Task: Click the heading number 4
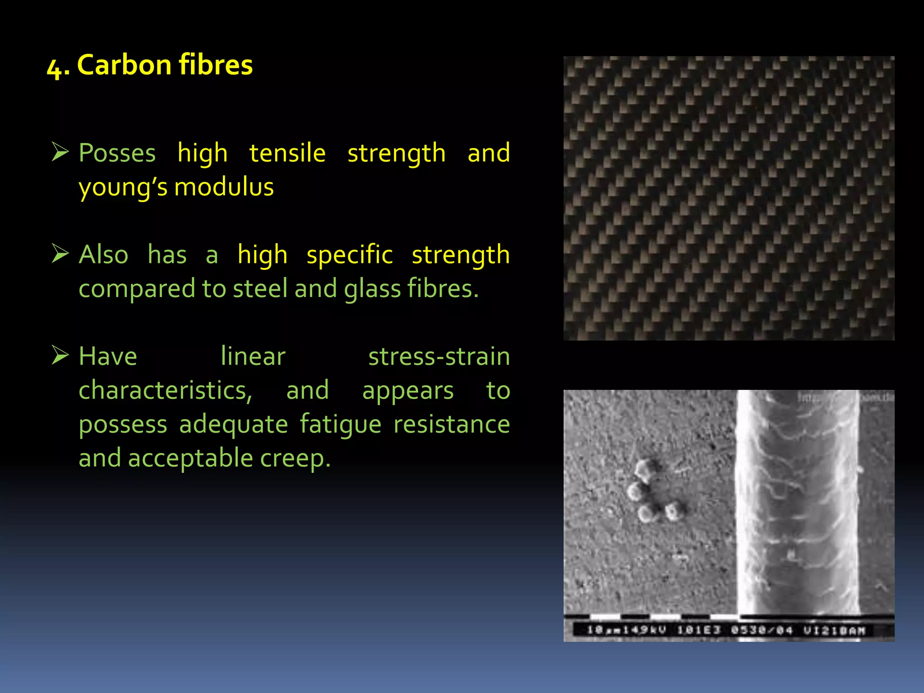[55, 68]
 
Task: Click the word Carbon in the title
[124, 65]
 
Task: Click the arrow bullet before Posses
[60, 152]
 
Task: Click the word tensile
[287, 153]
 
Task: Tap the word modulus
[224, 187]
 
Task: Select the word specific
[349, 255]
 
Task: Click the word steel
[260, 289]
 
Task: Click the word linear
[253, 356]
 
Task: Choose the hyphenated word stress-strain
[439, 356]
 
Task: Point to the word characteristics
[165, 391]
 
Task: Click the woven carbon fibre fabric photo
[729, 199]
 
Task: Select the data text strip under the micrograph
[726, 630]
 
